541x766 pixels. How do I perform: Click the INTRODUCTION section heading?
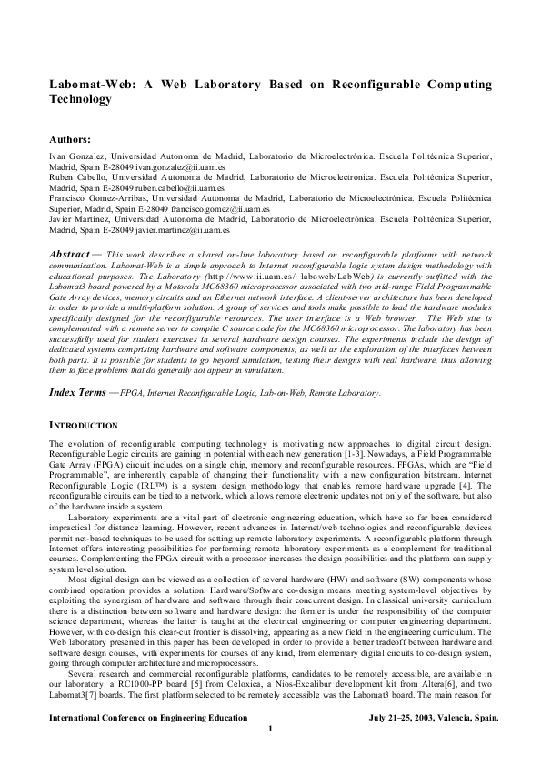[83, 451]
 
